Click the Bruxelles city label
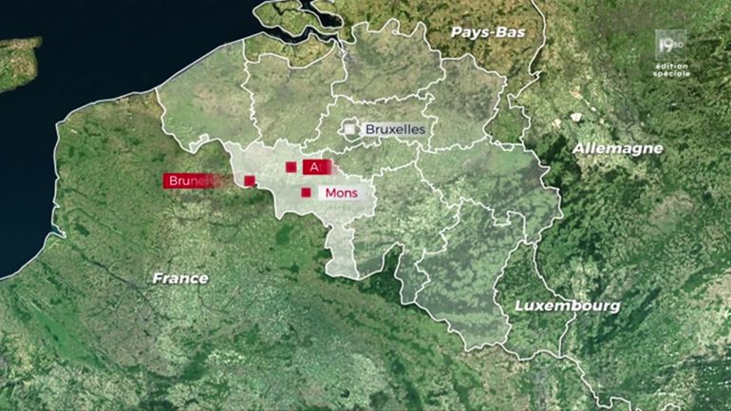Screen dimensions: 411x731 tap(394, 128)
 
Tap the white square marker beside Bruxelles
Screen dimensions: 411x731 tap(351, 128)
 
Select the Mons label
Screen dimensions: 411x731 tap(340, 193)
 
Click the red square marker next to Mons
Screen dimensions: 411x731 tap(306, 193)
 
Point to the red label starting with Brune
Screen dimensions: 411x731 tap(187, 180)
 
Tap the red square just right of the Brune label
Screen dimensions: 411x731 tap(249, 180)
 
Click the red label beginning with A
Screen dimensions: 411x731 tap(315, 167)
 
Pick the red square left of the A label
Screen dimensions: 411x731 tap(291, 167)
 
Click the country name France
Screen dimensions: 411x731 tap(181, 278)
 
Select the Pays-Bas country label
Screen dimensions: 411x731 tap(487, 31)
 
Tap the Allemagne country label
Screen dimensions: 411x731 tap(618, 149)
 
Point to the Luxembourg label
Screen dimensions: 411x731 tap(567, 306)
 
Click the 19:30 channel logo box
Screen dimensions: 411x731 tap(672, 44)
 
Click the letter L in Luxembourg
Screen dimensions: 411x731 tap(518, 306)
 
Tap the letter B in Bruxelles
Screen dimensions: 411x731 tap(369, 128)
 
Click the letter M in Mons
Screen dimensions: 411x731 tap(329, 193)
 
